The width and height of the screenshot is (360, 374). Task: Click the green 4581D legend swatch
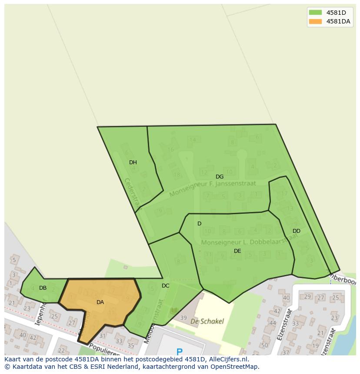point(315,12)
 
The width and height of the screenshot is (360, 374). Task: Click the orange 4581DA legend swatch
point(315,21)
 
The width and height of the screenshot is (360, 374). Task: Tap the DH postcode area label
point(133,162)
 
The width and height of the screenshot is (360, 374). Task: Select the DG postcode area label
point(220,177)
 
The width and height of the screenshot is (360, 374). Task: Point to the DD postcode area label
point(297,231)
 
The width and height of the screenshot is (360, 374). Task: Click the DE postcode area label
point(237,251)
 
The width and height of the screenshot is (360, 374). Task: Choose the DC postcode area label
point(166,286)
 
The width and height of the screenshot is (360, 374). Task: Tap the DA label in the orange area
point(100,302)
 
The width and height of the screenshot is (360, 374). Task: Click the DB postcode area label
point(43,288)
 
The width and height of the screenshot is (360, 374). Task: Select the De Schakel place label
point(207,321)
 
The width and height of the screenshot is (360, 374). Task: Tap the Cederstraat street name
point(131,192)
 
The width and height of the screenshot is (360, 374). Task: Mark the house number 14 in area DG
point(193,139)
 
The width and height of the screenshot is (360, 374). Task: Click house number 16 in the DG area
point(170,149)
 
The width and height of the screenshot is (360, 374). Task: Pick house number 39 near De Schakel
point(183,318)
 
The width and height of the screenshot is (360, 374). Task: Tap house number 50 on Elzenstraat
point(264,345)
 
